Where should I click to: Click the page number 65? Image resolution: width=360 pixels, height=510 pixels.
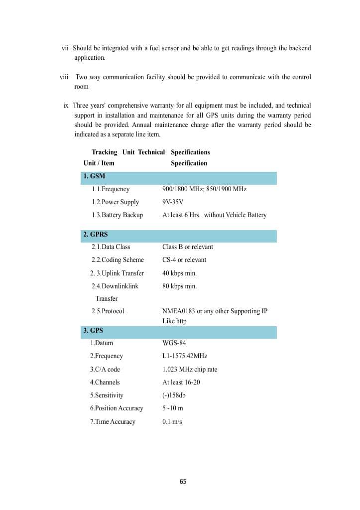pyautogui.click(x=183, y=482)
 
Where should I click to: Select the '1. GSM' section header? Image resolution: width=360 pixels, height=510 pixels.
pyautogui.click(x=94, y=176)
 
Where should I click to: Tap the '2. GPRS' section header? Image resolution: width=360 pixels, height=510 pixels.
pyautogui.click(x=96, y=234)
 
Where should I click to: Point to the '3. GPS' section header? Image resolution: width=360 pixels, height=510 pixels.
pyautogui.click(x=93, y=330)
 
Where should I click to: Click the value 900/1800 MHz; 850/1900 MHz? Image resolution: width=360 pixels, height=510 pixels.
pyautogui.click(x=204, y=189)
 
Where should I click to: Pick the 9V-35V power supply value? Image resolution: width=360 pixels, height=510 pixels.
pyautogui.click(x=173, y=202)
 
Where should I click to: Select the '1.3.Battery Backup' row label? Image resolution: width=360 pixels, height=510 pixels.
pyautogui.click(x=117, y=215)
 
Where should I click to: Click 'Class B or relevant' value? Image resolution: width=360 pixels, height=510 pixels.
pyautogui.click(x=187, y=247)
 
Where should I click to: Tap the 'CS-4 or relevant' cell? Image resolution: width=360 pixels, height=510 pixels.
pyautogui.click(x=184, y=260)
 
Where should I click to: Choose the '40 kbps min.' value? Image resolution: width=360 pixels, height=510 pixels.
pyautogui.click(x=179, y=273)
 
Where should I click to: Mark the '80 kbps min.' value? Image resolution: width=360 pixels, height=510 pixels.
pyautogui.click(x=179, y=286)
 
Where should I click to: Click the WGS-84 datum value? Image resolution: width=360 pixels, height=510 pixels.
pyautogui.click(x=174, y=343)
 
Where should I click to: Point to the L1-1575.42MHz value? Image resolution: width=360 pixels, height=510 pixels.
pyautogui.click(x=185, y=356)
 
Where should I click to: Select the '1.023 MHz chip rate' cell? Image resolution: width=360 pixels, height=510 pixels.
pyautogui.click(x=190, y=370)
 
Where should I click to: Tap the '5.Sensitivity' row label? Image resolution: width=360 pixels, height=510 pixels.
pyautogui.click(x=107, y=395)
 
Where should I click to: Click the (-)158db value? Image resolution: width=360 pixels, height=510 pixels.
pyautogui.click(x=174, y=395)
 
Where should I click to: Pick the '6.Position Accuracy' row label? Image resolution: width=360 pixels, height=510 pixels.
pyautogui.click(x=117, y=408)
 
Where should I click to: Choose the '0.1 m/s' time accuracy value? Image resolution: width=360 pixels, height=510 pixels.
pyautogui.click(x=172, y=422)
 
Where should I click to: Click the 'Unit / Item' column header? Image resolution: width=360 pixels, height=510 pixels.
pyautogui.click(x=99, y=163)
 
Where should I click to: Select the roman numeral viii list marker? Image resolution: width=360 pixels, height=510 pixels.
pyautogui.click(x=64, y=77)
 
